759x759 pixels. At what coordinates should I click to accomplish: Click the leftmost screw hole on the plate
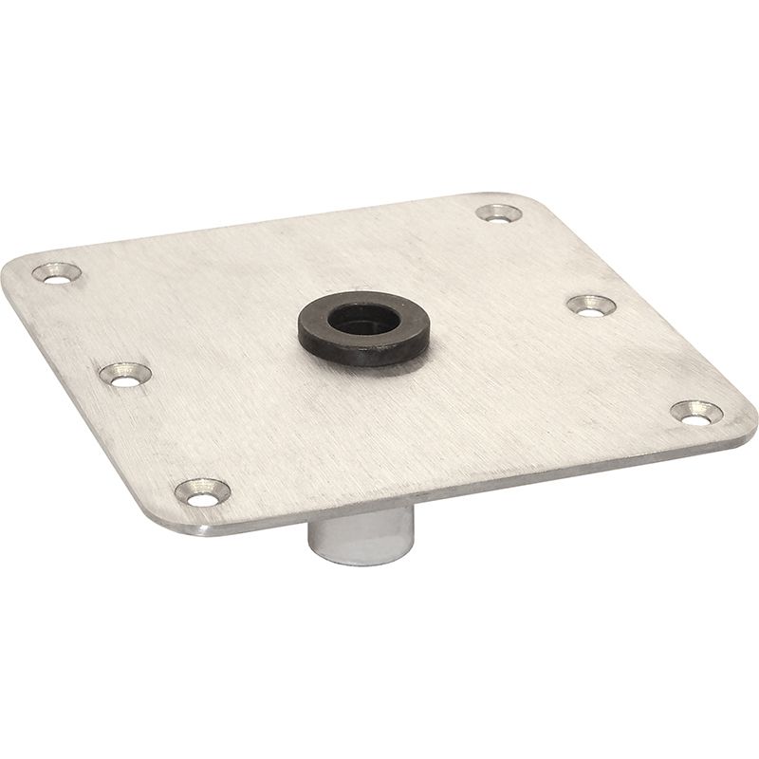tap(57, 272)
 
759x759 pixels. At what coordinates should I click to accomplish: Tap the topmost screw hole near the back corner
tap(499, 213)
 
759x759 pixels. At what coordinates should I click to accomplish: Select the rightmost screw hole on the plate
tap(696, 412)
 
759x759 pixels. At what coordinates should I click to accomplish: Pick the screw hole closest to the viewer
tap(202, 491)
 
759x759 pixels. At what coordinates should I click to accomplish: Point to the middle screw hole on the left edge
tap(125, 373)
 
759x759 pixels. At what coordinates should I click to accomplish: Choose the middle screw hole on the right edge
tap(591, 305)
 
